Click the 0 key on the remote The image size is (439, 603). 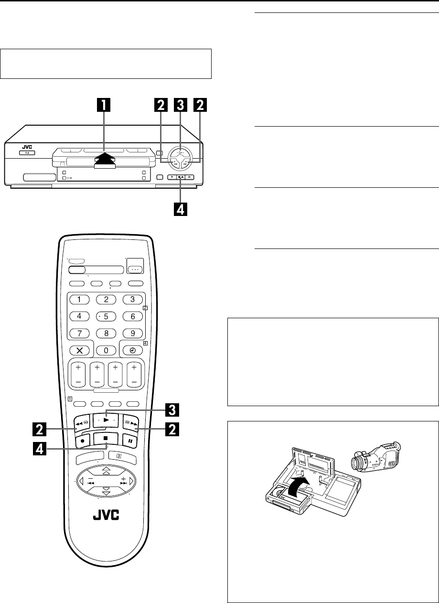point(106,349)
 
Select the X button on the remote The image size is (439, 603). point(79,350)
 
